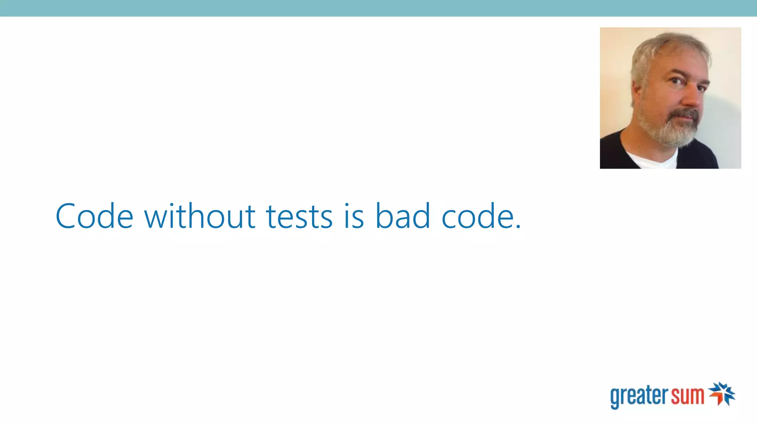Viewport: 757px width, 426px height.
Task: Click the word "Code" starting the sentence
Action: [94, 216]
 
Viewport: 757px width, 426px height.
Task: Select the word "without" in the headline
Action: [200, 216]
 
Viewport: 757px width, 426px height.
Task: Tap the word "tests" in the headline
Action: [299, 217]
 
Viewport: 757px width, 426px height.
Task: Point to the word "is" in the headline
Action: [354, 217]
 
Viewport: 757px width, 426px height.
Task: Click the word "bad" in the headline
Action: [403, 216]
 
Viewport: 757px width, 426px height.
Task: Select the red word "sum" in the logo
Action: [688, 396]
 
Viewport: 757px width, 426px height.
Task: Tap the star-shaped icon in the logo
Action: [722, 393]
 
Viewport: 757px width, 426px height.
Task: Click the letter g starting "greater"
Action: [615, 398]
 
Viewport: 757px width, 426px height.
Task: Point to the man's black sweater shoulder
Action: [614, 152]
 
